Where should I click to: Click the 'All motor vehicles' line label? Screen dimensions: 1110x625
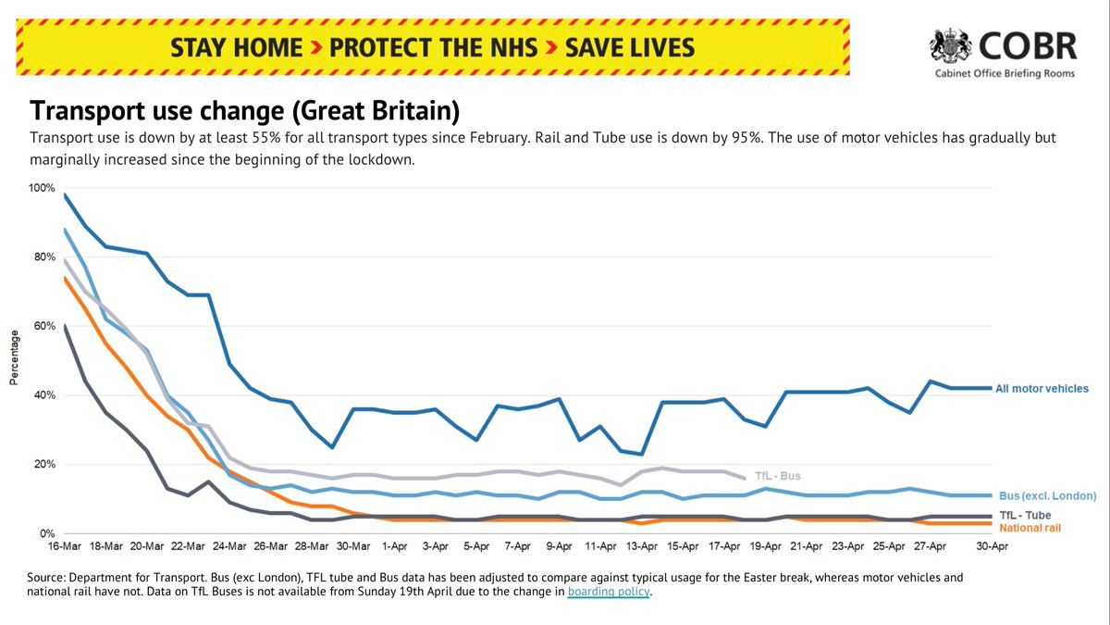pos(1042,389)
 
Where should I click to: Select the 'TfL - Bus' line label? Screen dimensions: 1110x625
pos(778,476)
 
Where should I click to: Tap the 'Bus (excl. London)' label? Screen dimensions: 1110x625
pos(1047,496)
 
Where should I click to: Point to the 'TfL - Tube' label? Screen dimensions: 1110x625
pos(1025,516)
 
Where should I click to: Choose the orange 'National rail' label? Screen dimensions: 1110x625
pos(1030,529)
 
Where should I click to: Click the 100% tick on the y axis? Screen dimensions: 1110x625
pos(42,188)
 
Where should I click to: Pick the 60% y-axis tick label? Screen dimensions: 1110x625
pos(44,326)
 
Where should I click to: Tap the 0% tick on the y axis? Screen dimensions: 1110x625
pos(47,533)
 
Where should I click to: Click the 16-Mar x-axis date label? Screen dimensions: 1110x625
pos(65,546)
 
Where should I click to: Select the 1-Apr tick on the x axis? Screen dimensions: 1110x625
pos(394,546)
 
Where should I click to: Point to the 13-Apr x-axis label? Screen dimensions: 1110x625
pos(642,546)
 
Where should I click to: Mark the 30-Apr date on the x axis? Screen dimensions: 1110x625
pos(992,546)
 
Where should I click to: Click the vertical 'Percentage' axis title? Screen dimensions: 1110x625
pos(14,357)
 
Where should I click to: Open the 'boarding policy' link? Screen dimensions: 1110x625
pos(609,592)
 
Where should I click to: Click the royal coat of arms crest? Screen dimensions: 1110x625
pos(951,46)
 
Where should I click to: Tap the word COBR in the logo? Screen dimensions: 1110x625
pos(1029,46)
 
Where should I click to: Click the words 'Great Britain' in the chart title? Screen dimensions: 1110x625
pos(376,111)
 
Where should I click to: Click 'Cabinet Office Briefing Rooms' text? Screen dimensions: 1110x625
pos(1005,74)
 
